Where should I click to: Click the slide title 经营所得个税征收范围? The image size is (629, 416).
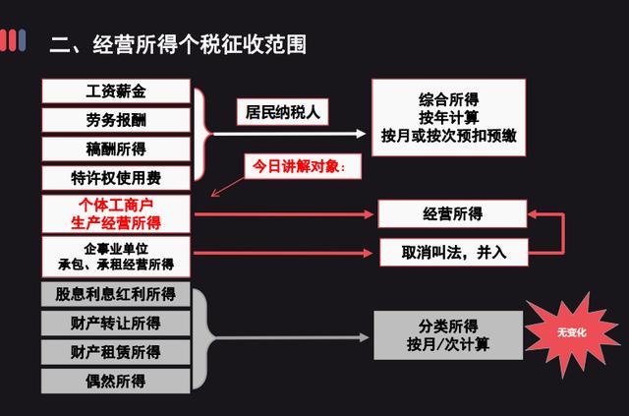pos(178,44)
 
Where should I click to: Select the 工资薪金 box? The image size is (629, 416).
pos(116,91)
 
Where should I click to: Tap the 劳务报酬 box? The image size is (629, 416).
pos(116,120)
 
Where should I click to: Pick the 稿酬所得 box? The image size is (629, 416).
pos(116,149)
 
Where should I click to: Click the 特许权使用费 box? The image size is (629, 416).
pos(116,178)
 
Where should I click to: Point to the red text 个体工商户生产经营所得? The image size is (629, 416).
pos(116,214)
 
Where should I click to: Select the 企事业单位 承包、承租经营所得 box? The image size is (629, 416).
pos(116,257)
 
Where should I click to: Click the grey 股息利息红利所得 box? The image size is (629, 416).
pos(116,294)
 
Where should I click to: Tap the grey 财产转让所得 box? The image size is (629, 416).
pos(116,324)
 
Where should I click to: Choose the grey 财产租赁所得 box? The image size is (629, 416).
pos(116,352)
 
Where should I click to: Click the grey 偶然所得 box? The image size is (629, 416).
pos(116,381)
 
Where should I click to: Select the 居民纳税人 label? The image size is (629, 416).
pos(282,112)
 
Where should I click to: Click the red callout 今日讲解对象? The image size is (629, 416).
pos(303,166)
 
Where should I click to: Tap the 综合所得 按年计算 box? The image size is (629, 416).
pos(448,117)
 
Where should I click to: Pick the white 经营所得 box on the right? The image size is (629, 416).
pos(452,213)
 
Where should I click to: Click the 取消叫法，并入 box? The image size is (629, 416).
pos(454,253)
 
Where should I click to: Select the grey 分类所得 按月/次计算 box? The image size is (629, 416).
pos(448,335)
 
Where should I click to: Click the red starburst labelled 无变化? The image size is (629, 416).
pos(572,333)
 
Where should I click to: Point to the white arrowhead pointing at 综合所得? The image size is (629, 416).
pos(361,134)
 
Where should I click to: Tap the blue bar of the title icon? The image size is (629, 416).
pos(22,40)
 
